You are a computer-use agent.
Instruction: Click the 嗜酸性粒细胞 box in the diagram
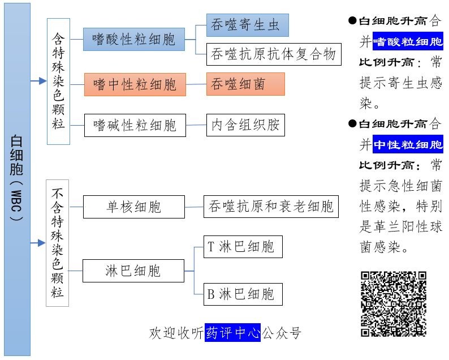134,40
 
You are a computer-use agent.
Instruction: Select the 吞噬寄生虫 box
247,25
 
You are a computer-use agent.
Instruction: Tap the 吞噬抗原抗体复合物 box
274,54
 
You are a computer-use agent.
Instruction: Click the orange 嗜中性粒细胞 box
135,85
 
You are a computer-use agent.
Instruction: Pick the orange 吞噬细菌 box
245,84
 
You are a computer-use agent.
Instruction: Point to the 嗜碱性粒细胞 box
135,125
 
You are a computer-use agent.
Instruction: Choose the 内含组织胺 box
245,125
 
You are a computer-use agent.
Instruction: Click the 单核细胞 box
134,207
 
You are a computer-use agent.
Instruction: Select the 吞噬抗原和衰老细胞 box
271,207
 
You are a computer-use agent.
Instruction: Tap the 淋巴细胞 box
133,271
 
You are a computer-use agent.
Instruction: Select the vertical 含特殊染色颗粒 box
58,80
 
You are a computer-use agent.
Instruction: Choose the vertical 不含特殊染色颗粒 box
58,243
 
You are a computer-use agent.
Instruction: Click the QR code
394,304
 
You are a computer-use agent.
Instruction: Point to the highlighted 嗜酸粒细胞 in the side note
408,42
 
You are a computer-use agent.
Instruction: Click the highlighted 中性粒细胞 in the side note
408,145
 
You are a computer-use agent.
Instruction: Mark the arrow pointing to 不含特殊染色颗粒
38,243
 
